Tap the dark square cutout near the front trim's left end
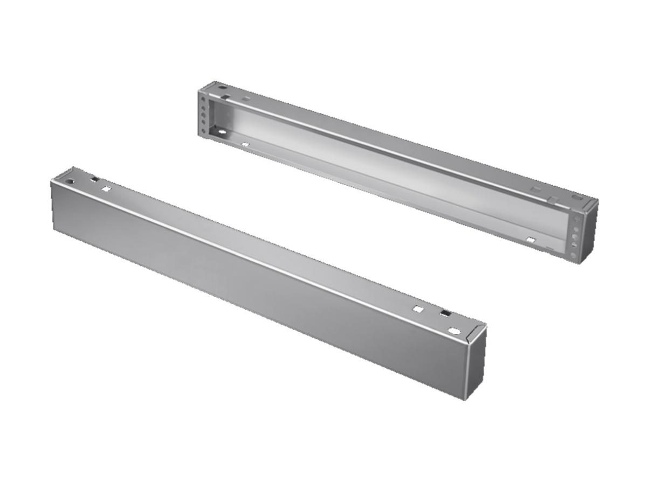[x=94, y=180]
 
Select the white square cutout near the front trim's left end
[x=106, y=189]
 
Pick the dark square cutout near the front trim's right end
[x=445, y=314]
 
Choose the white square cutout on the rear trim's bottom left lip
[x=244, y=144]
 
